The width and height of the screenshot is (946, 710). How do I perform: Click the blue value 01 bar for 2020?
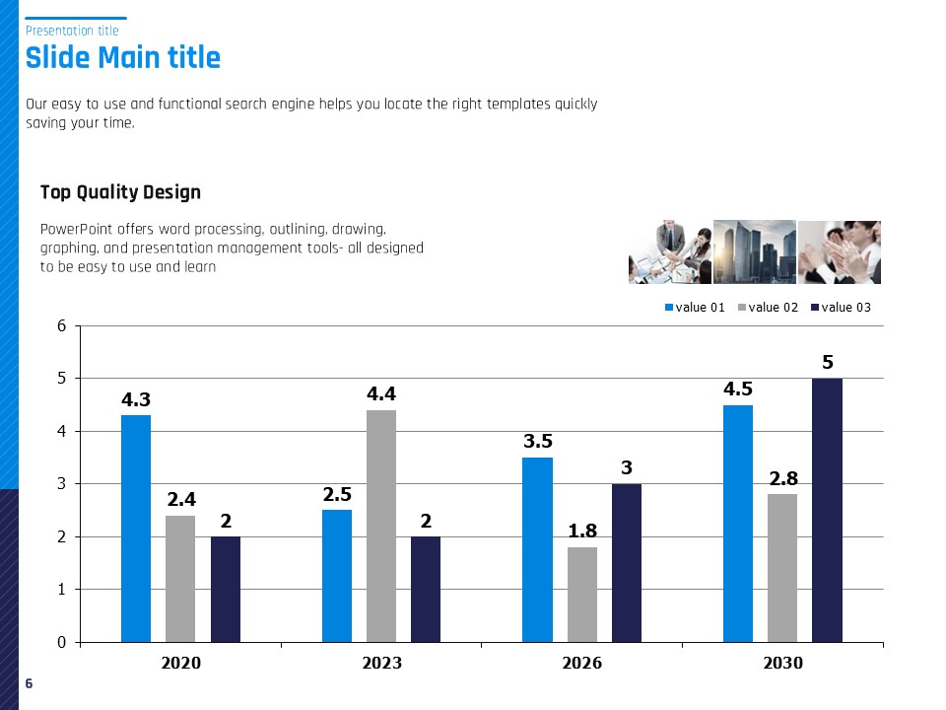pos(136,529)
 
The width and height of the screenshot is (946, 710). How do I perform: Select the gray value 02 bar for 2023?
pos(381,526)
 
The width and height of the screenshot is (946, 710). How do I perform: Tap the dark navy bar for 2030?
pos(827,510)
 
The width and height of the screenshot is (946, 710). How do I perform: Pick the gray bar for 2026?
pos(582,595)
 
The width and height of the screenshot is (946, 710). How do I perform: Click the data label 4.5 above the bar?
pos(738,390)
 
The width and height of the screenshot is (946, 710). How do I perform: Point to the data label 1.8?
pos(583,532)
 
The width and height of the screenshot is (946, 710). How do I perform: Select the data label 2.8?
pos(783,478)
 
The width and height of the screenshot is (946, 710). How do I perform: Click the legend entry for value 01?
pos(695,308)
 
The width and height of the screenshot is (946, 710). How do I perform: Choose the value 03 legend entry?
pos(841,308)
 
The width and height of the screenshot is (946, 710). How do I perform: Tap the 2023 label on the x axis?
pos(381,664)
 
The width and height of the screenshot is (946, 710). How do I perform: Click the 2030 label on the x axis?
pos(783,664)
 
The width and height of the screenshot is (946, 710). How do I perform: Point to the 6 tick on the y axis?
pos(61,325)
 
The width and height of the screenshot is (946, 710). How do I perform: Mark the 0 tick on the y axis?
pos(61,642)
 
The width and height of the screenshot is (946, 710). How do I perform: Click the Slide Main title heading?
pos(123,57)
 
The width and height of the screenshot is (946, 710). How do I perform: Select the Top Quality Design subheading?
pos(120,192)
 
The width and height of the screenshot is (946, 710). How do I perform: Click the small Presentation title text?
pos(72,31)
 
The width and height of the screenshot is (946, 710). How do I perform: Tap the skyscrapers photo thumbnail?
pos(754,251)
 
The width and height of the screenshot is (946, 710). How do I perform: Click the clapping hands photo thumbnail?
pos(839,251)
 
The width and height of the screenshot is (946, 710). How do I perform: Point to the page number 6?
pos(29,683)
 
